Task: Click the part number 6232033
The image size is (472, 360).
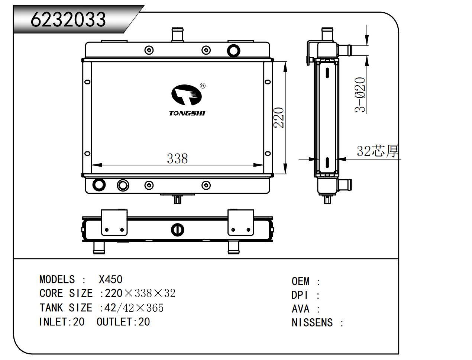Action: tap(68, 19)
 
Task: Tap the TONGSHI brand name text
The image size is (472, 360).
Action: tap(187, 113)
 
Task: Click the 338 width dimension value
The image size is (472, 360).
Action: tap(177, 159)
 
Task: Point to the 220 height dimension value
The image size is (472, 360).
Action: tap(279, 118)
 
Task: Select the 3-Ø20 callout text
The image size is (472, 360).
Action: tap(360, 94)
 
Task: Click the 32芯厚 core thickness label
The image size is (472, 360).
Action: tap(378, 151)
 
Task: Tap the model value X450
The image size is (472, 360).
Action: tap(110, 280)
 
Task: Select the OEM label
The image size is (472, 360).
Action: tap(300, 281)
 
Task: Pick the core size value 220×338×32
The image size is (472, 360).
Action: tap(140, 293)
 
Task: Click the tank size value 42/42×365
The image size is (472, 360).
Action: tap(134, 308)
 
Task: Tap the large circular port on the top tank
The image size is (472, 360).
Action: tap(233, 51)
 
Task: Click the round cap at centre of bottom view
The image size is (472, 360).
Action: tap(177, 229)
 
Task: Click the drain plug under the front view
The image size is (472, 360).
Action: tap(178, 199)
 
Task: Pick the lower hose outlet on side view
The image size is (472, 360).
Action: tap(345, 184)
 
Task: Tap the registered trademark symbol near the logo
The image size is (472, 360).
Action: tap(203, 86)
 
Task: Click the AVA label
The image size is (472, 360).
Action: tap(300, 309)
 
